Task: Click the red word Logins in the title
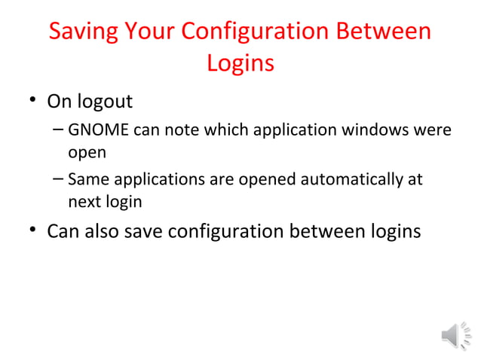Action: tap(240, 63)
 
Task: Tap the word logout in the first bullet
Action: tap(107, 101)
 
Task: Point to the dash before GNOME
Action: tap(58, 130)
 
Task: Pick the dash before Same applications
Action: tap(58, 180)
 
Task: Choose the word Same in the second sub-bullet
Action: tap(84, 180)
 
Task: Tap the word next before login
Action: tap(83, 202)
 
